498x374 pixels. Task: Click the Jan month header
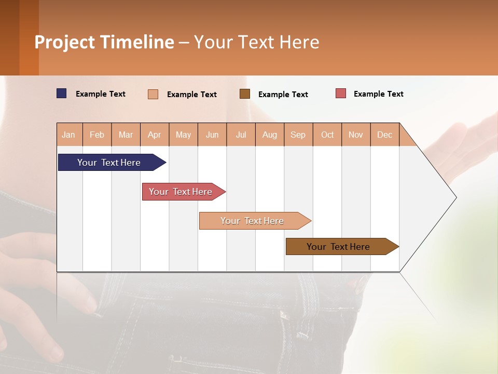[69, 135]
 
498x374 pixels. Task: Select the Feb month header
[97, 135]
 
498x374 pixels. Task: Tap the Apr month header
[154, 135]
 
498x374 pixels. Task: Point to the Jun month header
[212, 135]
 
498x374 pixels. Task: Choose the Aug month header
[269, 135]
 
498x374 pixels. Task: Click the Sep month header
[298, 135]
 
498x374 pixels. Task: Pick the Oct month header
[327, 135]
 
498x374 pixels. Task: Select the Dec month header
[384, 135]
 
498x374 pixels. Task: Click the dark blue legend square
[62, 94]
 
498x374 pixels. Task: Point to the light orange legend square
[153, 94]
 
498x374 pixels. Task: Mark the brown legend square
[245, 94]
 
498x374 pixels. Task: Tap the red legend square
[341, 94]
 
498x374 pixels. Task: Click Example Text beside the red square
[378, 94]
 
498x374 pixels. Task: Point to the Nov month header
[355, 135]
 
